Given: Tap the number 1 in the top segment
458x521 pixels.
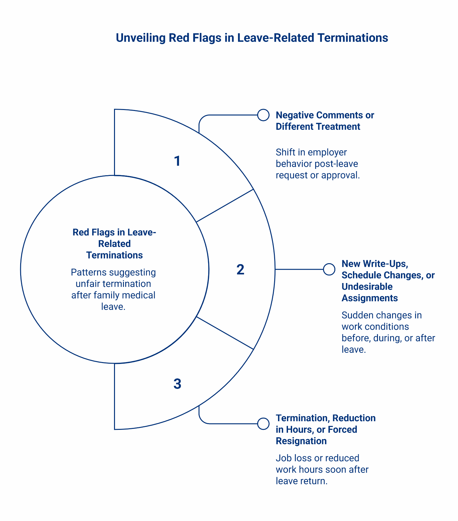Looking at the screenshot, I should pyautogui.click(x=177, y=161).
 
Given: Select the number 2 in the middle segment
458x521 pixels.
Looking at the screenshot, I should pyautogui.click(x=240, y=270).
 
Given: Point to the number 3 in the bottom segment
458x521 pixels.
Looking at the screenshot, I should pyautogui.click(x=177, y=384).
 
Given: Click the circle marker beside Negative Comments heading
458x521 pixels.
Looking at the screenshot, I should pyautogui.click(x=263, y=115).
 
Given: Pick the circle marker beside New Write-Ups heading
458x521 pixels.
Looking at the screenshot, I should pyautogui.click(x=329, y=269).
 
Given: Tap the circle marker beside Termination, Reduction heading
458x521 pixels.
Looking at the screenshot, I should pyautogui.click(x=263, y=424).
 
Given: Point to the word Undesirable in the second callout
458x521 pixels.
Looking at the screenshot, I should pyautogui.click(x=367, y=287).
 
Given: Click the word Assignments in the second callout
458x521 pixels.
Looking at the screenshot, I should pyautogui.click(x=370, y=298).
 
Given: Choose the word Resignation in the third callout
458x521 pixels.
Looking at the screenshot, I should pyautogui.click(x=301, y=441).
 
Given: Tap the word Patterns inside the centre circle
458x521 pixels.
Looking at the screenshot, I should pyautogui.click(x=86, y=272).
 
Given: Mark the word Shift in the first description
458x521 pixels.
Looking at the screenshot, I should pyautogui.click(x=284, y=152).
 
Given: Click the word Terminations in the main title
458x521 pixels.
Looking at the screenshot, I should pyautogui.click(x=353, y=38).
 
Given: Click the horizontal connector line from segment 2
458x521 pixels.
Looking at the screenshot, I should pyautogui.click(x=299, y=269).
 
